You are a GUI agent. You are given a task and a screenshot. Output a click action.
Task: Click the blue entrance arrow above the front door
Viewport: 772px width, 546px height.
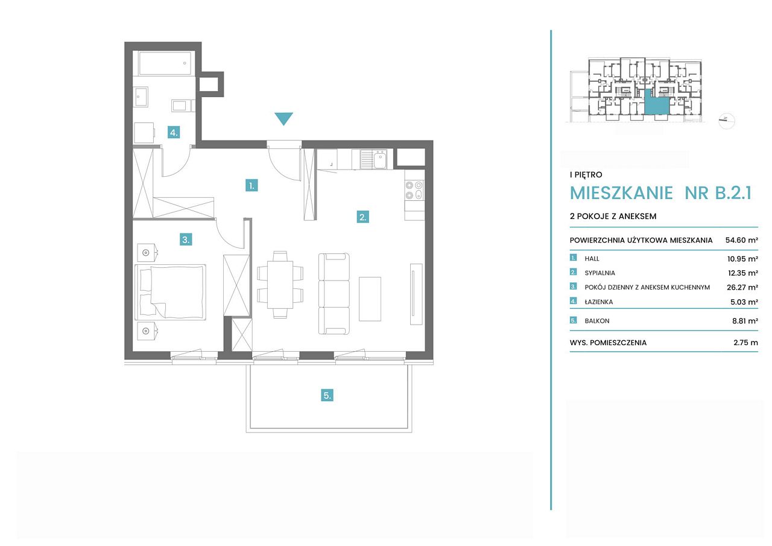pyautogui.click(x=283, y=118)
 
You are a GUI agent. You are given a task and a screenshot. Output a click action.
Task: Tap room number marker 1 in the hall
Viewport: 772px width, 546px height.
pyautogui.click(x=252, y=186)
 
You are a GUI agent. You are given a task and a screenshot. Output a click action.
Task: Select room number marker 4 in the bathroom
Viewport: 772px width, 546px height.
pyautogui.click(x=174, y=132)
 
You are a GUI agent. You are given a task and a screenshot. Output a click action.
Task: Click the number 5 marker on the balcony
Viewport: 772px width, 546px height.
pyautogui.click(x=327, y=395)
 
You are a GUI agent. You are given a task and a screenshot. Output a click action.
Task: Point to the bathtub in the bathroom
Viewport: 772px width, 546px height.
pyautogui.click(x=165, y=63)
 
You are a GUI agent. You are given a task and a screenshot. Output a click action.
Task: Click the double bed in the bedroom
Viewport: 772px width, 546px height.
pyautogui.click(x=171, y=292)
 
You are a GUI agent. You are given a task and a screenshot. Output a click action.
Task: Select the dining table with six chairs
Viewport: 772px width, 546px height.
pyautogui.click(x=280, y=285)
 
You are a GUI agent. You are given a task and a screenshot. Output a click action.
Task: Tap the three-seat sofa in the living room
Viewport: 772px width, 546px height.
pyautogui.click(x=334, y=294)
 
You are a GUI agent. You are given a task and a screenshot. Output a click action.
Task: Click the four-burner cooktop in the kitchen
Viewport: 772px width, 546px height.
pyautogui.click(x=414, y=190)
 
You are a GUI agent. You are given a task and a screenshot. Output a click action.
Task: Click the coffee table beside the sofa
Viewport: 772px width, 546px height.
pyautogui.click(x=370, y=299)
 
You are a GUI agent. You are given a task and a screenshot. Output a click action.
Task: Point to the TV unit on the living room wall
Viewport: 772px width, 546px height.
pyautogui.click(x=416, y=294)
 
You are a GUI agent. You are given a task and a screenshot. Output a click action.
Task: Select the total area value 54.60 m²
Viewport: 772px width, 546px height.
pyautogui.click(x=741, y=240)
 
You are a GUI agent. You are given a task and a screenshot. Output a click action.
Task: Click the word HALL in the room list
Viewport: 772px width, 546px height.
pyautogui.click(x=592, y=259)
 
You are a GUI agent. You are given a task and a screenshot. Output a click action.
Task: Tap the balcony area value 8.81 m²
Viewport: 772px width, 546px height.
pyautogui.click(x=745, y=321)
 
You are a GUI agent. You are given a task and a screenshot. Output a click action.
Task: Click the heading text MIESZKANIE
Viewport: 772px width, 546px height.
pyautogui.click(x=621, y=193)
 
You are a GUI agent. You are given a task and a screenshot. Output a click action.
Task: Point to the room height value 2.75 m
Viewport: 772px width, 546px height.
pyautogui.click(x=745, y=343)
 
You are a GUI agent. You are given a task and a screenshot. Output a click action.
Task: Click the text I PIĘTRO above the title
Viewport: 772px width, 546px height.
pyautogui.click(x=586, y=175)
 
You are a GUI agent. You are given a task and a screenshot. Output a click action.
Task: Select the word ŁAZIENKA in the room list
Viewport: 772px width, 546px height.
pyautogui.click(x=599, y=302)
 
